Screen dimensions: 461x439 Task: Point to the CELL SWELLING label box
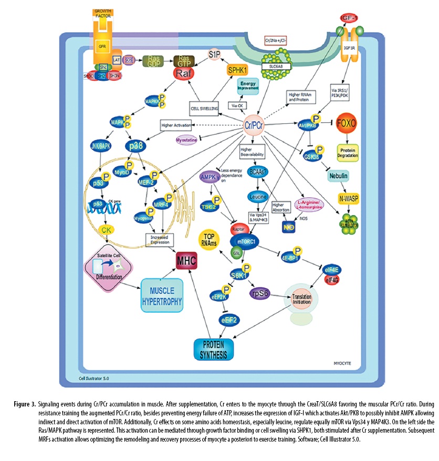(x=206, y=108)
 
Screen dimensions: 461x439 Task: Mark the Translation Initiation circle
(x=301, y=297)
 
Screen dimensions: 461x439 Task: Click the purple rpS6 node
(x=261, y=293)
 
